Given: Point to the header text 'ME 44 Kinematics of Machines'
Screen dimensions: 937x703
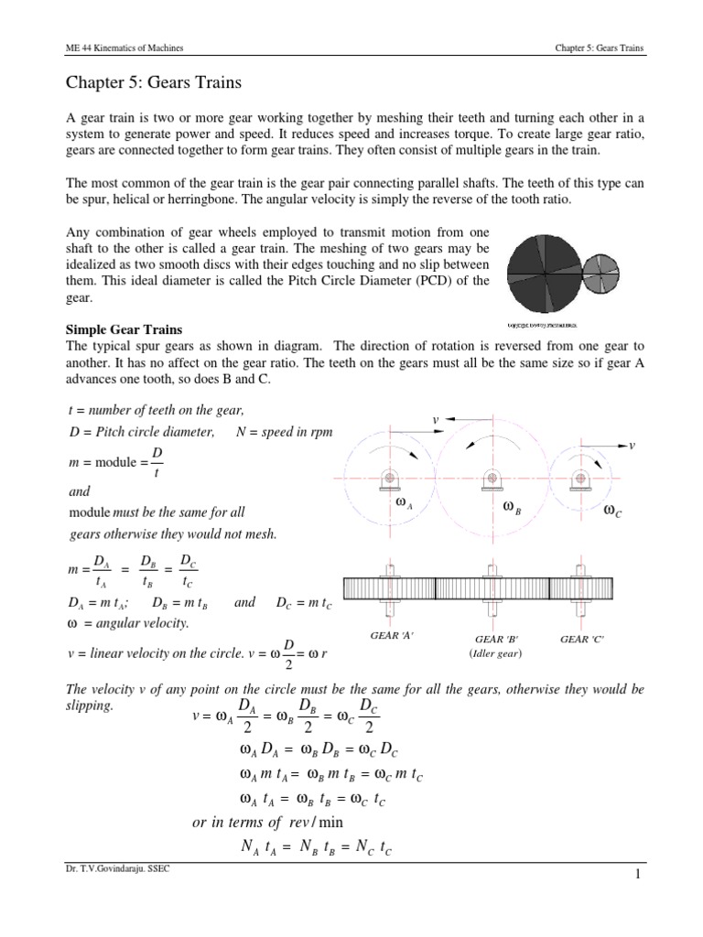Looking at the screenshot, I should (x=123, y=47).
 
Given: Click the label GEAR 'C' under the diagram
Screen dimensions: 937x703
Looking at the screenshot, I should (x=586, y=639).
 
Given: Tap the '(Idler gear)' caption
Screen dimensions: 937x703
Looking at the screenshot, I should (x=493, y=653).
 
